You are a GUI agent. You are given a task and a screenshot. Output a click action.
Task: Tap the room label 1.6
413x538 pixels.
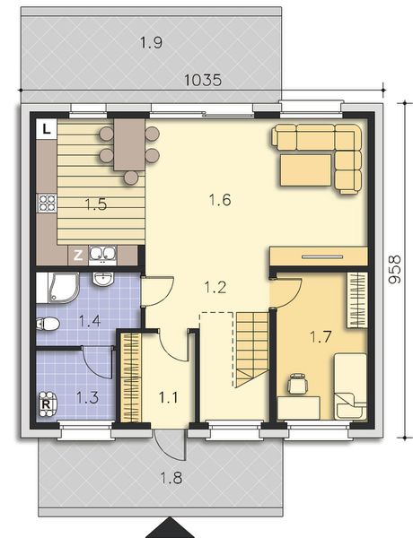tap(220, 200)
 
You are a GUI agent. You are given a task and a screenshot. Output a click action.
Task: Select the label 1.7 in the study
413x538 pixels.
tap(321, 337)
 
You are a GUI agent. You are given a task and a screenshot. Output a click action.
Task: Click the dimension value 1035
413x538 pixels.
tap(203, 80)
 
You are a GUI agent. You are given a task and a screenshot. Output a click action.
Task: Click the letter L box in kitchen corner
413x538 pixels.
tap(45, 128)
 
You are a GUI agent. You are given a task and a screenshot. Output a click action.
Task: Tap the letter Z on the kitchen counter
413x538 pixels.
tap(79, 255)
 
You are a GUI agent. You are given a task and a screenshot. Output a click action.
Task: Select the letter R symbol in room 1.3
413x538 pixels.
tap(46, 403)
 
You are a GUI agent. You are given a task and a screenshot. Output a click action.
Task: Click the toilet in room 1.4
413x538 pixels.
tap(49, 325)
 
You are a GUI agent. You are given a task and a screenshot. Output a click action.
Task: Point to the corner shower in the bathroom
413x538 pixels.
tap(55, 289)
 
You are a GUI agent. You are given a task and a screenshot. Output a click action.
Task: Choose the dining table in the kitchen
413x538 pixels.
tap(129, 147)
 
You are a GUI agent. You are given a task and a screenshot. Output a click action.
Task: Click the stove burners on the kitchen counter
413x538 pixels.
tap(45, 204)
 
